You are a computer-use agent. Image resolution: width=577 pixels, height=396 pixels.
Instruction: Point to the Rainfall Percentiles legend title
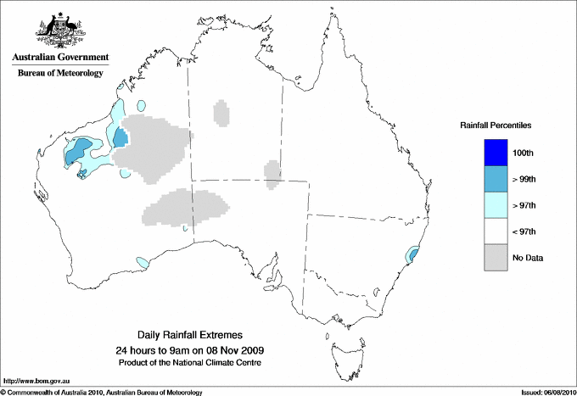click(x=496, y=125)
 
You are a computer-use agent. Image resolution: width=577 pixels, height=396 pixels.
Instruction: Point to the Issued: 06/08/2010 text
click(x=543, y=392)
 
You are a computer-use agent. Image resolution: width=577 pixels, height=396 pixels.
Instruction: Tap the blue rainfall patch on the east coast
click(x=413, y=254)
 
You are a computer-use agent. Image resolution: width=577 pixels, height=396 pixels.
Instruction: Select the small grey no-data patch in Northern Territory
click(x=221, y=113)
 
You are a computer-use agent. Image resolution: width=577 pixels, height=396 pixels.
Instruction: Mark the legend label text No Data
click(x=527, y=258)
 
